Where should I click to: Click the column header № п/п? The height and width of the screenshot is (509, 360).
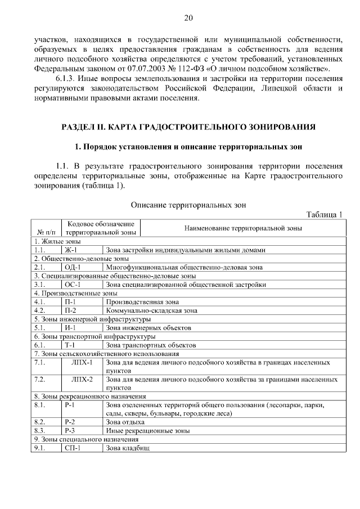click(46, 232)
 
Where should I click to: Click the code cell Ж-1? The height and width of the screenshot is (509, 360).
click(71, 250)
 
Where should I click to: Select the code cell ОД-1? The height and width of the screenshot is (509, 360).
click(73, 267)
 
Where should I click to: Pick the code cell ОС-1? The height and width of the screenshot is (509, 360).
click(73, 285)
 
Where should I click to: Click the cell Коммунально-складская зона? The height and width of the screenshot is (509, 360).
click(151, 310)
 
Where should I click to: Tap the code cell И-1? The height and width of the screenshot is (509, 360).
click(70, 327)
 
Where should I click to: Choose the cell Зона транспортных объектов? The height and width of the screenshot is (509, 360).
click(150, 345)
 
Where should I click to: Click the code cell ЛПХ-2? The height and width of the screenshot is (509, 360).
click(82, 380)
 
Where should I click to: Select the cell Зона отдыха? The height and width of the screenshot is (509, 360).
click(125, 422)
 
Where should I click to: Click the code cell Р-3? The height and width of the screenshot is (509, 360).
click(70, 431)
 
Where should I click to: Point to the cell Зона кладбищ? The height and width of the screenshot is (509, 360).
click(128, 448)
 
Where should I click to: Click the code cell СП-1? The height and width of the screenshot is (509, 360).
click(73, 448)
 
